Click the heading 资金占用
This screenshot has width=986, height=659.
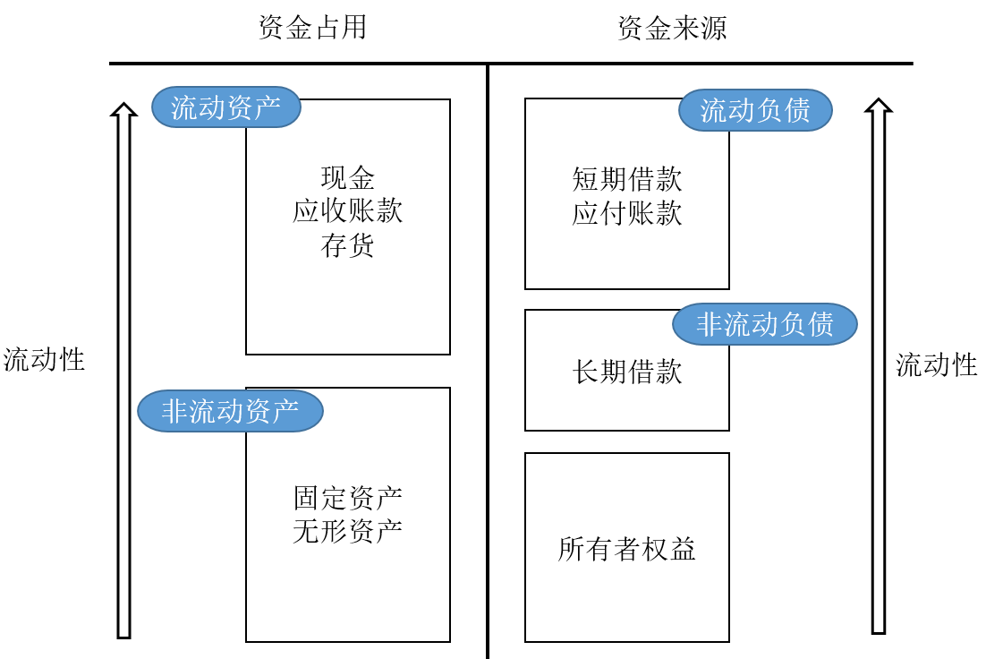(312, 28)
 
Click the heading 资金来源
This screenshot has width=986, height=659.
(672, 28)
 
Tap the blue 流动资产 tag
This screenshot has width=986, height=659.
(225, 107)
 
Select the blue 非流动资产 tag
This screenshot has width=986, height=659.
(230, 412)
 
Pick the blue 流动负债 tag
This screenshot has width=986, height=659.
(755, 110)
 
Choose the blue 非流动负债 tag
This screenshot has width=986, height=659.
(764, 324)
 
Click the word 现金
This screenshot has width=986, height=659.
(347, 177)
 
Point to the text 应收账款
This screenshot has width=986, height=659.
(347, 211)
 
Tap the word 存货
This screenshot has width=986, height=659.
(347, 245)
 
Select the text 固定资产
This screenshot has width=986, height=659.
(347, 497)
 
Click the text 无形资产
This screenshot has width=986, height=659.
(347, 531)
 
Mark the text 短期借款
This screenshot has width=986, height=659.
(626, 179)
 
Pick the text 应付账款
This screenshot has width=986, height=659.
(626, 213)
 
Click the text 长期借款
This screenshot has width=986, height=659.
(626, 371)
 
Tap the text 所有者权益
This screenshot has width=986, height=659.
(626, 548)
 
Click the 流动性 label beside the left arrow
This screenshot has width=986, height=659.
(44, 360)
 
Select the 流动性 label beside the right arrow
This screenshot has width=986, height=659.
(937, 364)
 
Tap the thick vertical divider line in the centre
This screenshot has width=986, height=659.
(488, 358)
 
